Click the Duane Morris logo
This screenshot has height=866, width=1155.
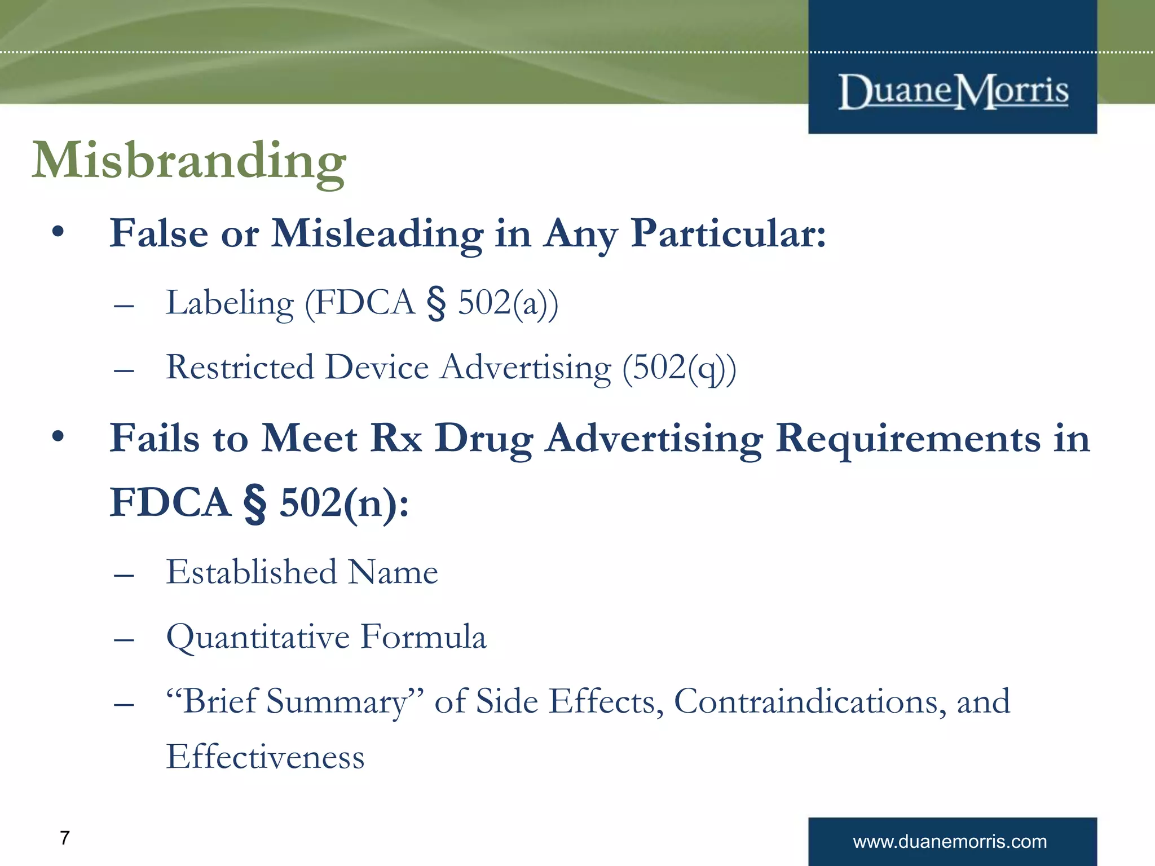point(953,91)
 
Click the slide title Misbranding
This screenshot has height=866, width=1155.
point(189,162)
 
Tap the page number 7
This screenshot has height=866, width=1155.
point(65,838)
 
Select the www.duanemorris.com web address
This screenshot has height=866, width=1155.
point(950,842)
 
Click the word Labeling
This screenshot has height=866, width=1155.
point(230,303)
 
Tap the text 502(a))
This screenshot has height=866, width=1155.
point(508,303)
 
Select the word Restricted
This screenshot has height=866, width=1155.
point(240,368)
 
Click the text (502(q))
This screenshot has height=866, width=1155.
point(679,369)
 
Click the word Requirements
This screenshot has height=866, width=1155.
point(908,438)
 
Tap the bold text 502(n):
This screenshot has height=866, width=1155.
point(344,503)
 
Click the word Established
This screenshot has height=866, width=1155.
point(252,572)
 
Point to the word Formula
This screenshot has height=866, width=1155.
point(423,637)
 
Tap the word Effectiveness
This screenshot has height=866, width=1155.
point(265,757)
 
